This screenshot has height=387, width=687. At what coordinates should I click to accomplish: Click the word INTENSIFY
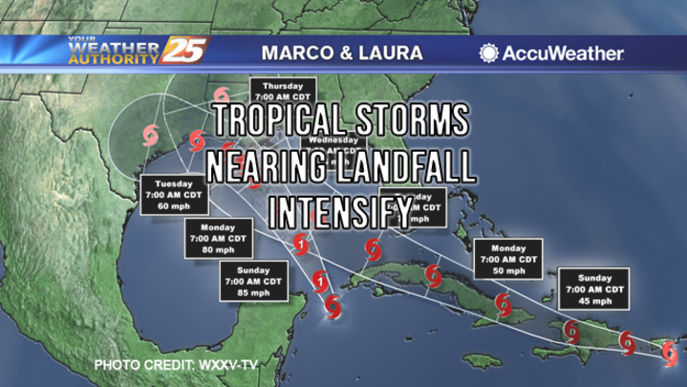(341, 207)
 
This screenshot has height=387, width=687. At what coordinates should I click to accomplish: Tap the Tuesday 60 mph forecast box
(174, 195)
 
